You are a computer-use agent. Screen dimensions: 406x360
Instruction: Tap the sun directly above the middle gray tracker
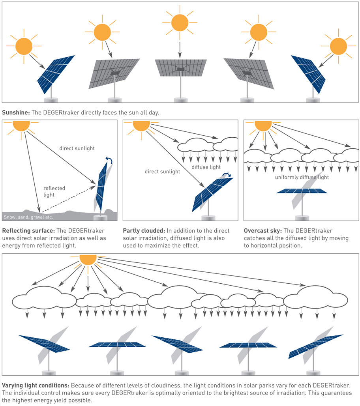[x=180, y=22]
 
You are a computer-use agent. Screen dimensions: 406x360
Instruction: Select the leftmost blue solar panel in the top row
[x=56, y=74]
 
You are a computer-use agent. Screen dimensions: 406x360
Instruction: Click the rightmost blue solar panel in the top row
[x=308, y=74]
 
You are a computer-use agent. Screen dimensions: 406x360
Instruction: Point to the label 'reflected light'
[x=54, y=191]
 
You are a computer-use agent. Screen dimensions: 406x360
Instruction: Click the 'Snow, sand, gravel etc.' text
[x=28, y=217]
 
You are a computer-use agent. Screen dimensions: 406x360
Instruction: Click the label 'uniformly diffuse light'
[x=302, y=177]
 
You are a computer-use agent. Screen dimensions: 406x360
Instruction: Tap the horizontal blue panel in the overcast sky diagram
[x=302, y=191]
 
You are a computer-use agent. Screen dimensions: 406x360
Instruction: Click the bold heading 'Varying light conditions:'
[x=36, y=385]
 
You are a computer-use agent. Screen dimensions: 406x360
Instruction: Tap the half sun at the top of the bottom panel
[x=88, y=260]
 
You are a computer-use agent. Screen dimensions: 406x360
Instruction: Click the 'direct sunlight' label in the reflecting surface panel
[x=77, y=148]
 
